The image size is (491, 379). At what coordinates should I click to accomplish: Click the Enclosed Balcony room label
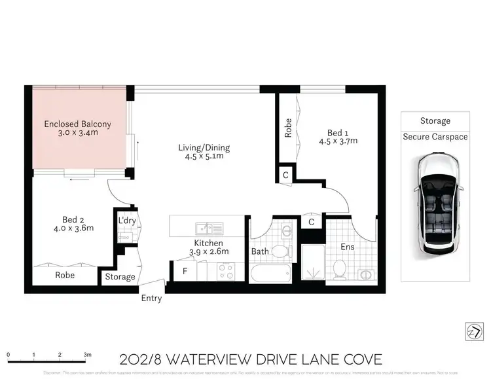(77, 124)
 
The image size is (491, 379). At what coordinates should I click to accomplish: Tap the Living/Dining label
(204, 147)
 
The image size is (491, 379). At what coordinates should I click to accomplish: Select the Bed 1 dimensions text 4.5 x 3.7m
(338, 140)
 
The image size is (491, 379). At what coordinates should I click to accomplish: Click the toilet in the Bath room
(280, 250)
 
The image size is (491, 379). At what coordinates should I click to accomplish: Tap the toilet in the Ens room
(339, 267)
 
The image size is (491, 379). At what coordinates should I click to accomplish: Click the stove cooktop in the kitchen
(227, 271)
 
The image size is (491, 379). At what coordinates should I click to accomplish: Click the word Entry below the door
(151, 298)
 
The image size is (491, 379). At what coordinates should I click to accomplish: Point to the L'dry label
(126, 221)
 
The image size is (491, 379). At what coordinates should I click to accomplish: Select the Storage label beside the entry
(120, 277)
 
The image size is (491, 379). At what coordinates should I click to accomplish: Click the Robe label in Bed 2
(64, 276)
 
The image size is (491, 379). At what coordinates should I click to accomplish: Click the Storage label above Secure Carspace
(435, 121)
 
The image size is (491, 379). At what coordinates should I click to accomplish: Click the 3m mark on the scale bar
(86, 354)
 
